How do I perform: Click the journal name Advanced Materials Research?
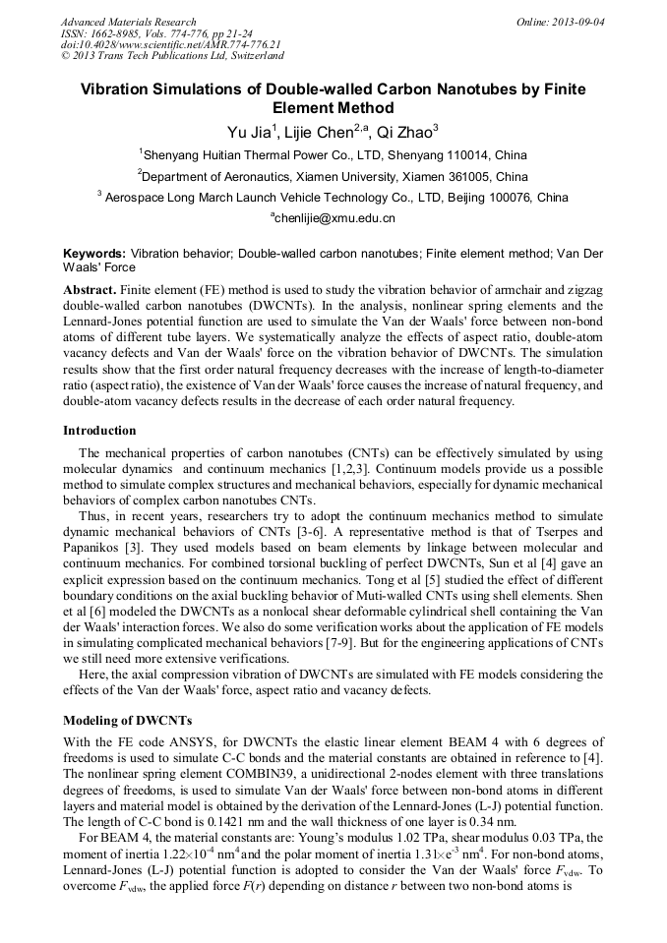(128, 21)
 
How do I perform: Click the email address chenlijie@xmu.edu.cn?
(333, 218)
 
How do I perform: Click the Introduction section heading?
(99, 431)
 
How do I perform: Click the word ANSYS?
(185, 741)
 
